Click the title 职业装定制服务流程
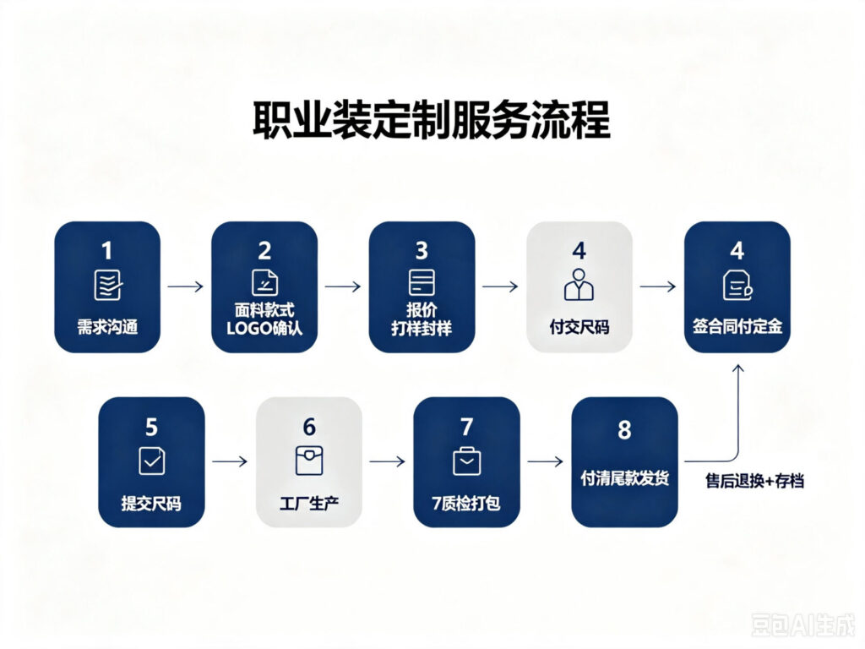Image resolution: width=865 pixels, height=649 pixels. pos(432,119)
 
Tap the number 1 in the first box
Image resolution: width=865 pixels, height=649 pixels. pos(107,251)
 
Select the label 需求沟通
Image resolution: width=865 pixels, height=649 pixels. pos(107,327)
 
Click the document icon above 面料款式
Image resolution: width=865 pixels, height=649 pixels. pos(264,282)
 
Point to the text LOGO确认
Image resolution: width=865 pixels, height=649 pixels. pos(264,329)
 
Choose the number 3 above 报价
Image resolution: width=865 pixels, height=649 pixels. pos(422,251)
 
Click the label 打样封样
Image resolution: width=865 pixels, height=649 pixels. pos(422,329)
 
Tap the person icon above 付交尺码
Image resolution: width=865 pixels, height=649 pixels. pos(579,285)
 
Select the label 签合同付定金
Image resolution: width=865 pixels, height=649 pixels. pos(737,326)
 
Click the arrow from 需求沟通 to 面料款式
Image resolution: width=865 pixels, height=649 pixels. pos(185,286)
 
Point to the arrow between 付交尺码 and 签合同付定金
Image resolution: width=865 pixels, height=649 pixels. pos(657,286)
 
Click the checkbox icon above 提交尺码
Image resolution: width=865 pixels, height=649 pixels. pos(152,461)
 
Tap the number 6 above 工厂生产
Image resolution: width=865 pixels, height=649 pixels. pos(309,427)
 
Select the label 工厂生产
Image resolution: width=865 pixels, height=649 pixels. pos(309,504)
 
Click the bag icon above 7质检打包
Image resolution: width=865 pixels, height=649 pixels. pos(466,461)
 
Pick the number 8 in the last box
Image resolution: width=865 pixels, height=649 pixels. pos(624,430)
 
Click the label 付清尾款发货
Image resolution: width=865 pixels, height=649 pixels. pos(624,478)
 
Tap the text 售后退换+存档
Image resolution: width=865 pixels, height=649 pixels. pos(754,481)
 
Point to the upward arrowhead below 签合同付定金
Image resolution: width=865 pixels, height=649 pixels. pos(738,368)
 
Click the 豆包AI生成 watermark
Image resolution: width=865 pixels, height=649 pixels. pos(802,624)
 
